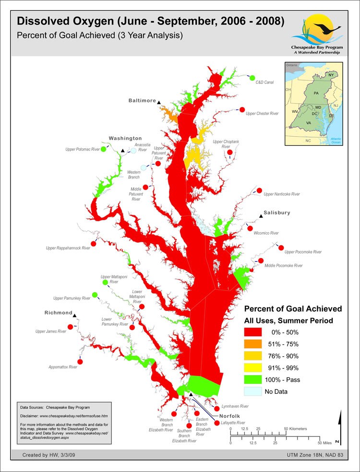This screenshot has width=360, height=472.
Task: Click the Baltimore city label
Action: click(142, 101)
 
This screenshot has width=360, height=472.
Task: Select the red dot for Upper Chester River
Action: click(242, 110)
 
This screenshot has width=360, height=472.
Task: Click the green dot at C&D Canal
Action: click(252, 78)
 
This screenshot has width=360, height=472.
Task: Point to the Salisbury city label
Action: click(277, 212)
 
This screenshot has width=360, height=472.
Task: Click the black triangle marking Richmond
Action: click(76, 316)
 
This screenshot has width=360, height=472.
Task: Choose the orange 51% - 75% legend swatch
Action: click(252, 344)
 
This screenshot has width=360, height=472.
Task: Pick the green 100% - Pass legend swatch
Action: click(252, 379)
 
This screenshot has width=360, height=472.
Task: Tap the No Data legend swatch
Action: click(252, 391)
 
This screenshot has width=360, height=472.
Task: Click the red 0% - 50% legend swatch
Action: click(252, 332)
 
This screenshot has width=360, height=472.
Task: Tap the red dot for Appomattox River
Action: click(80, 362)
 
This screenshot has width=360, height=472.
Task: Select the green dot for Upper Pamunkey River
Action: click(95, 295)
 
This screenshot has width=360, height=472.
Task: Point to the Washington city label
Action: click(125, 138)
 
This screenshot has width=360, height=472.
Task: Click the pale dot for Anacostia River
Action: click(133, 151)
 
